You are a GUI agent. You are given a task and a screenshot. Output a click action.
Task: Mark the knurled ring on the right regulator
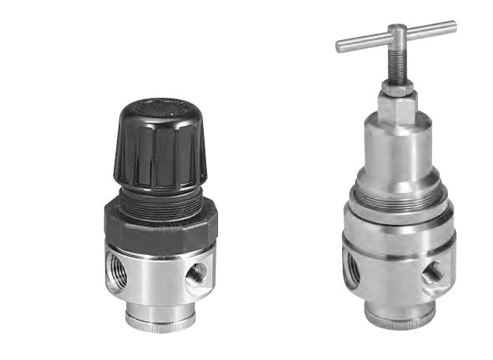pyautogui.click(x=399, y=201)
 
